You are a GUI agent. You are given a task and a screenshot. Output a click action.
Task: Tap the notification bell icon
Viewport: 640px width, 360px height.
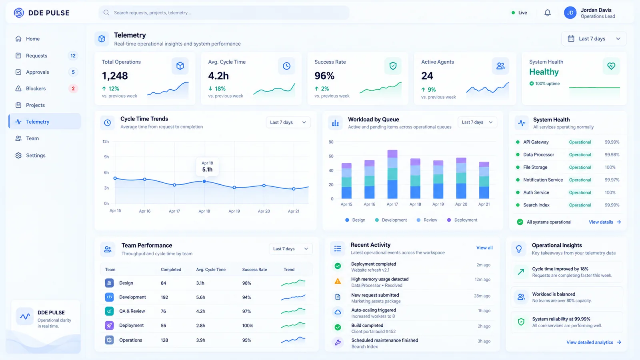tap(547, 13)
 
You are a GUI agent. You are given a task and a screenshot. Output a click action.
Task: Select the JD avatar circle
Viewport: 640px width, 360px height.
tap(570, 13)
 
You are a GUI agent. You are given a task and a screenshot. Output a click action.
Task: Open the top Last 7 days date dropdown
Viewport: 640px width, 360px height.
tap(594, 38)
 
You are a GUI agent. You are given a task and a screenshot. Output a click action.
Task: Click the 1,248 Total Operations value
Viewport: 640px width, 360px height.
tap(115, 76)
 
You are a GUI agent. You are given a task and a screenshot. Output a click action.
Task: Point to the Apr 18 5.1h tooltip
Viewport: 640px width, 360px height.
tap(207, 166)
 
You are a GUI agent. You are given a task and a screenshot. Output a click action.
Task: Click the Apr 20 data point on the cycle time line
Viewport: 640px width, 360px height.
tap(264, 186)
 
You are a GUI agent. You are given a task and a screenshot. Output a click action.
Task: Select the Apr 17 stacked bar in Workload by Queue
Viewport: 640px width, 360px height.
tap(392, 174)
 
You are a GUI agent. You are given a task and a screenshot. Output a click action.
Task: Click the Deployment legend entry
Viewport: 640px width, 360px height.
tap(462, 220)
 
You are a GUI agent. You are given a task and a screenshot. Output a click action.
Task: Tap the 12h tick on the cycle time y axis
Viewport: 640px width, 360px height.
tap(106, 142)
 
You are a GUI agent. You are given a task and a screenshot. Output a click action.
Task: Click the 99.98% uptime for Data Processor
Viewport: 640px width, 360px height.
tap(612, 154)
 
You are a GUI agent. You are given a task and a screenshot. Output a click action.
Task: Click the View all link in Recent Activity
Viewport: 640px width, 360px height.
tap(484, 248)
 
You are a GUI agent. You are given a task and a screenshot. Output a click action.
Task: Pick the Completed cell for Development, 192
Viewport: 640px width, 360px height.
tap(164, 297)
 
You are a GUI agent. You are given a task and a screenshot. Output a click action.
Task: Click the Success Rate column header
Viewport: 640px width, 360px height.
tap(254, 270)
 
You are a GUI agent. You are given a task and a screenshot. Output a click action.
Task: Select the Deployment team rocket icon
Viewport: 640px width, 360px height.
tap(109, 326)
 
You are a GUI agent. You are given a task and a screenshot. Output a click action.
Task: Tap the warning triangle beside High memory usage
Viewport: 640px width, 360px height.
tap(338, 282)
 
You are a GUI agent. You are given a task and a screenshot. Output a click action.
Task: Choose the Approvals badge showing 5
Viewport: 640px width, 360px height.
tap(73, 72)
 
